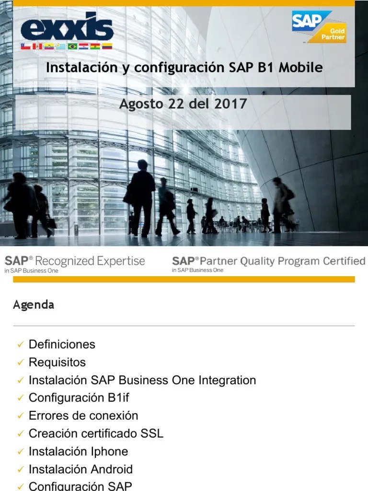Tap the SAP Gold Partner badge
[319, 27]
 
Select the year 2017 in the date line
[231, 103]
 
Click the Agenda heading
[34, 305]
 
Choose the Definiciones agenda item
[62, 344]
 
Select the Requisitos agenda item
[57, 362]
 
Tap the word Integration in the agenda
[227, 380]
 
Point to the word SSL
[151, 433]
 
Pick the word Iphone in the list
[110, 451]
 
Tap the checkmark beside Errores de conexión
[20, 416]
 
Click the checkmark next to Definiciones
[20, 345]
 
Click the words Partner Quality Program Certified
[282, 261]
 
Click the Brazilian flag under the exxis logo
[73, 47]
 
